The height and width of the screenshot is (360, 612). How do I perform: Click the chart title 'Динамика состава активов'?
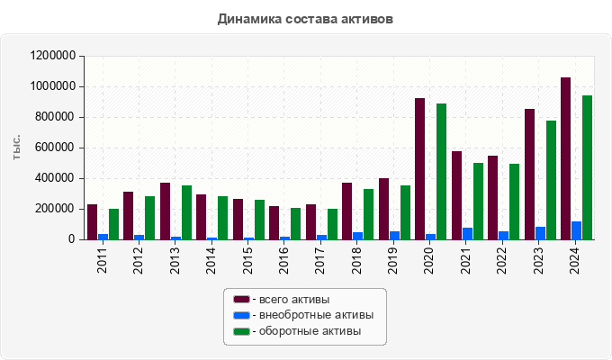pyautogui.click(x=305, y=18)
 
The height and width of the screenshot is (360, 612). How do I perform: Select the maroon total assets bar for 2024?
pyautogui.click(x=565, y=158)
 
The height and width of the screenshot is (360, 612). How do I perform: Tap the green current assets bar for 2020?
pyautogui.click(x=441, y=171)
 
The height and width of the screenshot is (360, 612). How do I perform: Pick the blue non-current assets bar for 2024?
pyautogui.click(x=576, y=230)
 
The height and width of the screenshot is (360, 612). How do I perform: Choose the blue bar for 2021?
pyautogui.click(x=467, y=234)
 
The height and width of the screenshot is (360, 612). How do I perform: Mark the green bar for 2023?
pyautogui.click(x=551, y=180)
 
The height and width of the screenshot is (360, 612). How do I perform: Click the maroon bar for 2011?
pyautogui.click(x=92, y=222)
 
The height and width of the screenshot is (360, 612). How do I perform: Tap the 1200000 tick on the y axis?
pyautogui.click(x=52, y=56)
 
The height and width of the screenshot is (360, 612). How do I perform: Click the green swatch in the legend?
pyautogui.click(x=241, y=331)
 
